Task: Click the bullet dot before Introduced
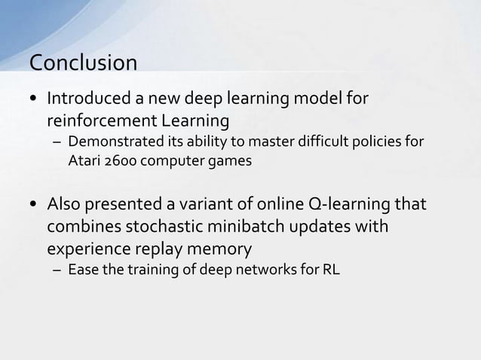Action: click(35, 100)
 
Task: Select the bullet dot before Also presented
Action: click(35, 205)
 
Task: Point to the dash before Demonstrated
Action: click(57, 143)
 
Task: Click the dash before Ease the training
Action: click(57, 270)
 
